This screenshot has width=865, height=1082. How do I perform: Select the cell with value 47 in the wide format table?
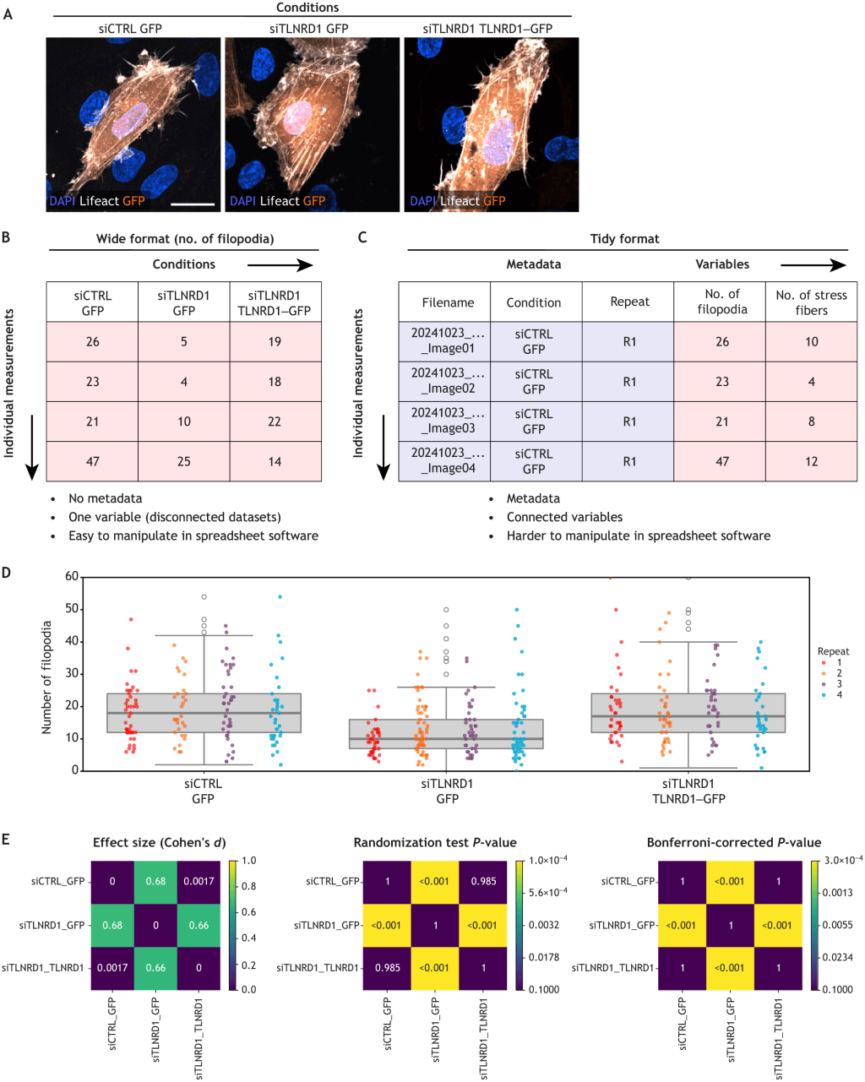point(93,462)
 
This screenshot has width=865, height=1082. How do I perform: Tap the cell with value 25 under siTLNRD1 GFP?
point(184,462)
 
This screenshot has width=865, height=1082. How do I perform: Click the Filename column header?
point(448,302)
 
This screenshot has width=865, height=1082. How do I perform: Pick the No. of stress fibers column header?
point(811,302)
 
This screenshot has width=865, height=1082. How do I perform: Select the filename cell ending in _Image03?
point(448,421)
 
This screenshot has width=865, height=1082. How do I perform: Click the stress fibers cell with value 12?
point(811,462)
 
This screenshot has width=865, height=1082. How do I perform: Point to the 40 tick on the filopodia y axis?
point(73,642)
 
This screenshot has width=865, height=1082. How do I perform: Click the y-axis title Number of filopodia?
point(47,677)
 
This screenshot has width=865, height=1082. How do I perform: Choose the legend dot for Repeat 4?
point(824,695)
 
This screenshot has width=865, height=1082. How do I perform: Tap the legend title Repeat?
point(833,651)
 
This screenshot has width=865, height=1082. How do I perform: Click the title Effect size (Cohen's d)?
point(159,843)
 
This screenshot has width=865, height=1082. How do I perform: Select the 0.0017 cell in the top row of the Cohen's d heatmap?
point(199,882)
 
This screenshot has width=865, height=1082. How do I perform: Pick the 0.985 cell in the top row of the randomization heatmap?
point(483,882)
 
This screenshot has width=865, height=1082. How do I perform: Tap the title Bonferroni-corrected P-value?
point(733,843)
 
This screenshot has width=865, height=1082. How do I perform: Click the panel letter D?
point(7,573)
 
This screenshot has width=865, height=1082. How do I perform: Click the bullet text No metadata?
point(105,498)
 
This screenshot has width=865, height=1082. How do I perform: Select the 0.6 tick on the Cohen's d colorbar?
point(248,912)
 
